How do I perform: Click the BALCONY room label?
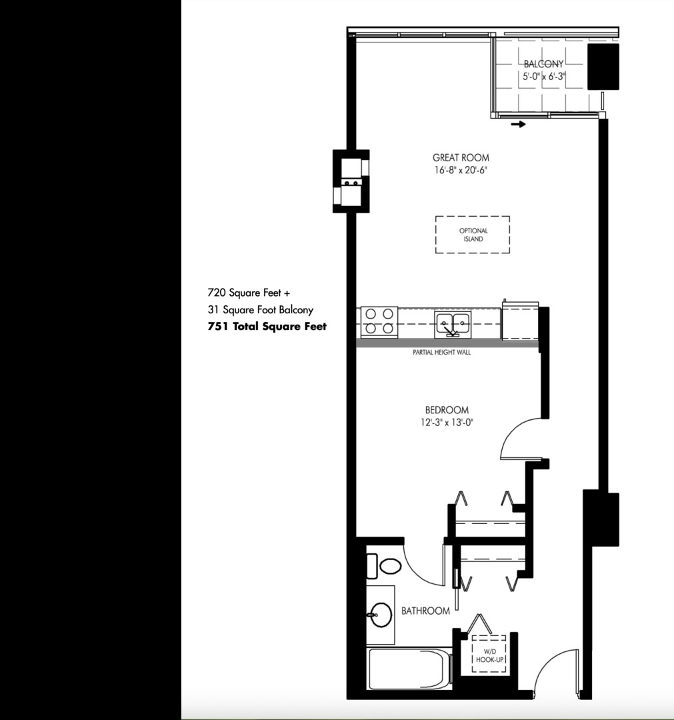point(543,64)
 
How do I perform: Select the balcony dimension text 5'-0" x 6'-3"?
point(543,77)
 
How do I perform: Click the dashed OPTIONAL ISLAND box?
point(472,235)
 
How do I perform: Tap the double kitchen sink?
point(453,323)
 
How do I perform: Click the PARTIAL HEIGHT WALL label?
point(442,352)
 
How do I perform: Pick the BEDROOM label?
point(447,410)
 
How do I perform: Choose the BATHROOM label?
point(425,611)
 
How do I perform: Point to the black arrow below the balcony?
point(517,124)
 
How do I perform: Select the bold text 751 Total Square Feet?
point(267,327)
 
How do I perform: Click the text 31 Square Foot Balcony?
point(260,310)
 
